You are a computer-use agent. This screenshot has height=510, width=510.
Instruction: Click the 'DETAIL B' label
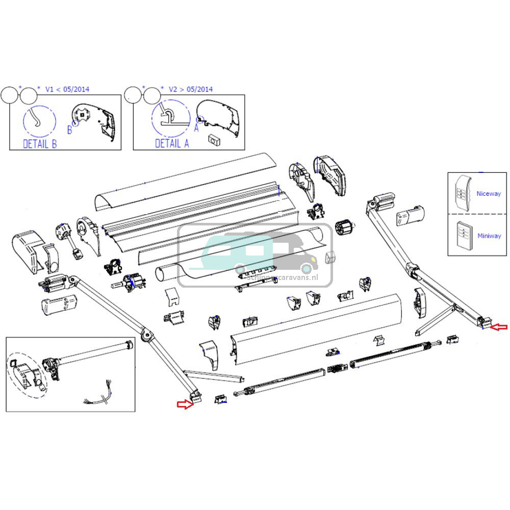point(40,144)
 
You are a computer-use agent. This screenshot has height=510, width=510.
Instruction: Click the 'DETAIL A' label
point(172,144)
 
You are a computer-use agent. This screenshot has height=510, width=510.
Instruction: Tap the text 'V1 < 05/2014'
point(67,89)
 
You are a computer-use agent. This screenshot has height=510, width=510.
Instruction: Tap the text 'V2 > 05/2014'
point(191,89)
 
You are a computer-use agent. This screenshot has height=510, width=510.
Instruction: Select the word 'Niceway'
point(488,194)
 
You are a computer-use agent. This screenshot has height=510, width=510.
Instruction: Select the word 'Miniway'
point(489,236)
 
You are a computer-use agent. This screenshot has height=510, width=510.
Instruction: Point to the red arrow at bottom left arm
point(184,404)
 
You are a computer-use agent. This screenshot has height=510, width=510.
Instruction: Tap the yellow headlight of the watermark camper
point(307,267)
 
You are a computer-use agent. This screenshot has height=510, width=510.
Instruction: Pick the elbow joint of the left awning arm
point(148,335)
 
